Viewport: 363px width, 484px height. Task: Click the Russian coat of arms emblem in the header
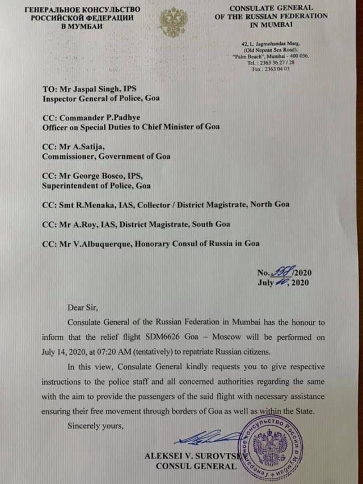172,23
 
